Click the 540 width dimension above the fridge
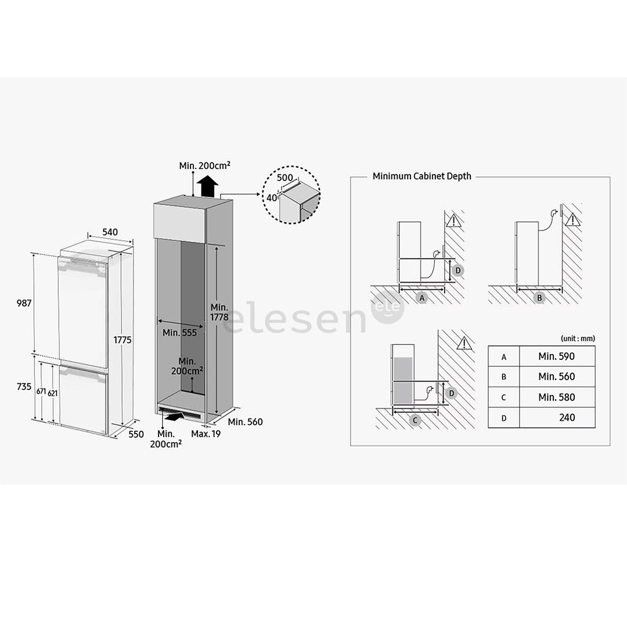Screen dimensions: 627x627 (x=110, y=232)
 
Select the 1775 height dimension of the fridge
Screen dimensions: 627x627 (x=123, y=340)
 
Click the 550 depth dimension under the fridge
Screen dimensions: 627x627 (x=135, y=434)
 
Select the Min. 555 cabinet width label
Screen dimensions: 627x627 (x=179, y=333)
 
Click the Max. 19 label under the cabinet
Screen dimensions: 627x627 (x=206, y=434)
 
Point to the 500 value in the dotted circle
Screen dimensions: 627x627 (x=284, y=178)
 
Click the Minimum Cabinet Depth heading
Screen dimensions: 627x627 (x=421, y=176)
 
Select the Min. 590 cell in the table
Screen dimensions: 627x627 (x=556, y=356)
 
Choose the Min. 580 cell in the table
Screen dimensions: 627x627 (x=556, y=397)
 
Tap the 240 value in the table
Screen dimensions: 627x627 (x=567, y=417)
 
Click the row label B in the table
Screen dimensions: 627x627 (x=503, y=377)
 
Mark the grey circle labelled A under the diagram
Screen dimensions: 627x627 (x=422, y=297)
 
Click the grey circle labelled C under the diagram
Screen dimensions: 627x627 (x=415, y=420)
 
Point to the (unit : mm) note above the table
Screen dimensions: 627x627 (x=578, y=338)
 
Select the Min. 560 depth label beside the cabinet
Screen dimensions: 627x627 (x=245, y=422)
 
